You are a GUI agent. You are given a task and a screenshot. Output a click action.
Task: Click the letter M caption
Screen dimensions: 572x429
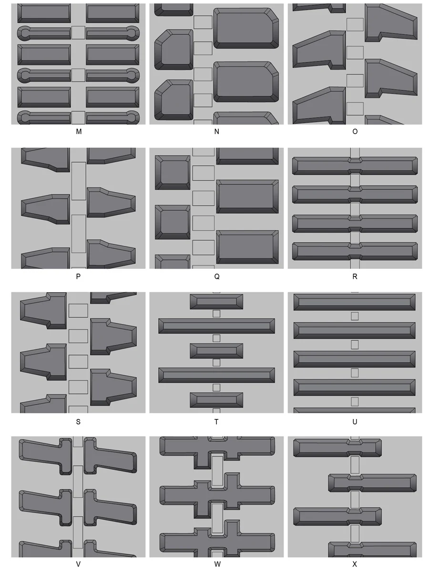[x=78, y=132]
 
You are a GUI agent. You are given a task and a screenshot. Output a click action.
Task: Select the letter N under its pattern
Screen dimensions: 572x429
[x=216, y=132]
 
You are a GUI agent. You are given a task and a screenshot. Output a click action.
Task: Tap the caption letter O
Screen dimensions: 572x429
[x=355, y=132]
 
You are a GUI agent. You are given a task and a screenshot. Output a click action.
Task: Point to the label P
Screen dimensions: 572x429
[x=78, y=276]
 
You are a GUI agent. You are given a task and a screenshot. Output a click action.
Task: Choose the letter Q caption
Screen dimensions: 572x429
[x=216, y=276]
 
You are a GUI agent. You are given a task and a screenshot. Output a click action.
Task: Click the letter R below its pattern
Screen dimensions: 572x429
[x=355, y=276]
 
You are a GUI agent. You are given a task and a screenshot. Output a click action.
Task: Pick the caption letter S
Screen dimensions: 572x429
[x=78, y=422]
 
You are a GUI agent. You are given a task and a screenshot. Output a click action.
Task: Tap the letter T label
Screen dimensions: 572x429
[x=216, y=422]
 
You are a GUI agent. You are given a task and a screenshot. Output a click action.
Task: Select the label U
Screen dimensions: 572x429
[x=355, y=422]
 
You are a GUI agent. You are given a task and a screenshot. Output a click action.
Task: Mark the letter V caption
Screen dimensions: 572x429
[x=78, y=564]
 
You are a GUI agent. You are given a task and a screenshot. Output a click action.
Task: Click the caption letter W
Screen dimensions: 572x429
[x=217, y=564]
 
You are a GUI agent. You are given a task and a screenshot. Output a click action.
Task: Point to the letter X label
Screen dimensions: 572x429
[x=355, y=564]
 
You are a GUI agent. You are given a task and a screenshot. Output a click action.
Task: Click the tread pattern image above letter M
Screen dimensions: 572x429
[x=78, y=64]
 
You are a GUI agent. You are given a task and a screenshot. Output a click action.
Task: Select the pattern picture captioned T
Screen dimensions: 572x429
[x=216, y=352]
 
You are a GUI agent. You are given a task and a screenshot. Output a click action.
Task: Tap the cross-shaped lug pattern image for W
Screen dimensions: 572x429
[x=216, y=497]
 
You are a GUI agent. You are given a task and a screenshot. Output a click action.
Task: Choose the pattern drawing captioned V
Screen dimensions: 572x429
[x=78, y=497]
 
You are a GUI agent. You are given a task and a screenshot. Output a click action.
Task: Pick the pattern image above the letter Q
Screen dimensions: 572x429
[x=216, y=208]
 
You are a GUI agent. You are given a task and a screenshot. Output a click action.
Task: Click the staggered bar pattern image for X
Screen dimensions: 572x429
[x=355, y=497]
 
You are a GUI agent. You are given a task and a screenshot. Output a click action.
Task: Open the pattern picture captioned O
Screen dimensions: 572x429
[x=355, y=64]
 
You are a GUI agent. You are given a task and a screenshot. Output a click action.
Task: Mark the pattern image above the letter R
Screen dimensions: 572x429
[x=355, y=208]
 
